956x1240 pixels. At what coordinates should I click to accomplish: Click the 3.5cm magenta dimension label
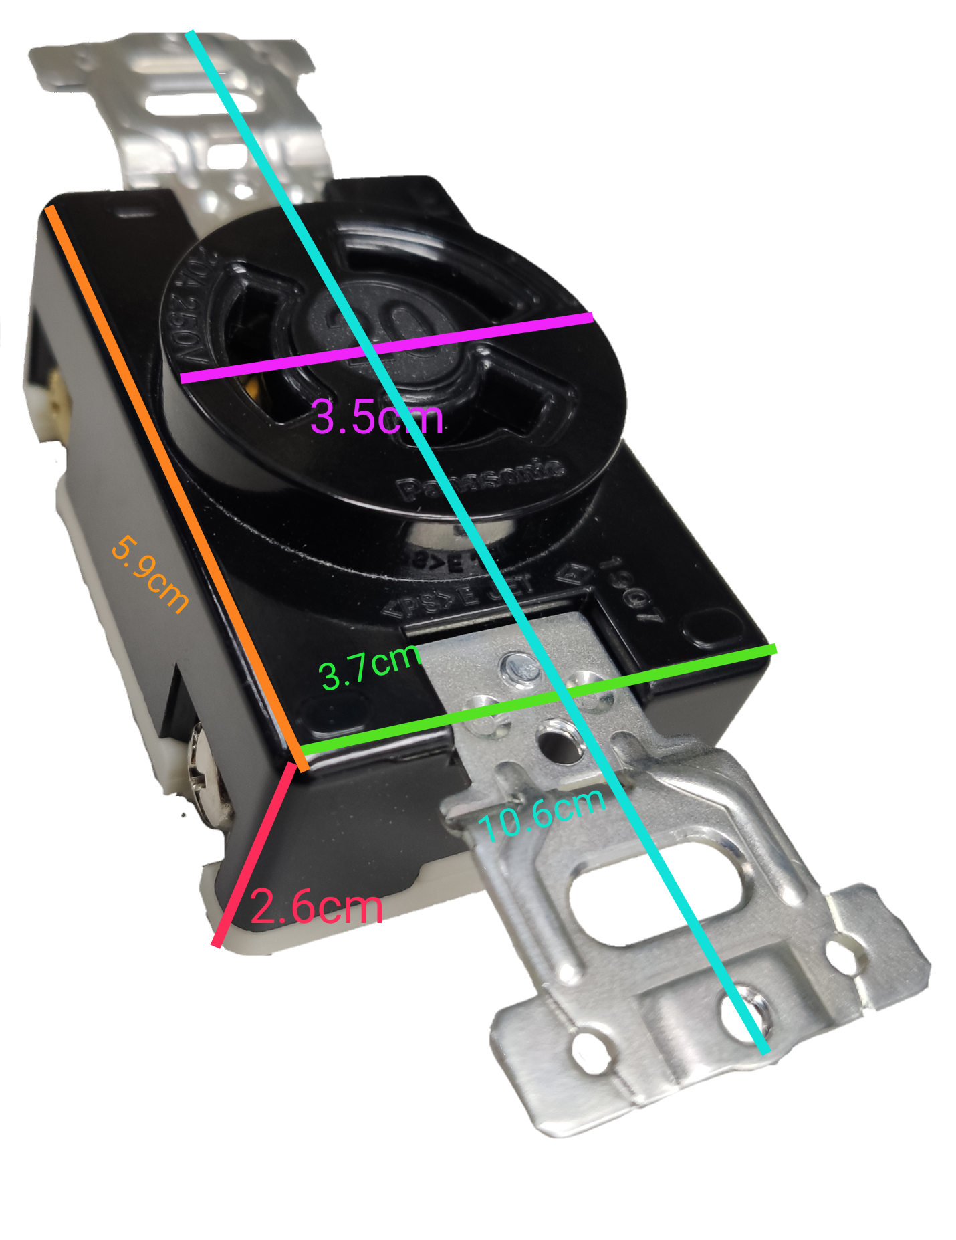point(376,417)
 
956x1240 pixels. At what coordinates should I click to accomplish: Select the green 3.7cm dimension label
point(369,667)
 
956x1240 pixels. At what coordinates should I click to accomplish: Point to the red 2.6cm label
point(316,908)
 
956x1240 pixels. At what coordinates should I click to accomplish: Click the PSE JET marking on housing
point(461,595)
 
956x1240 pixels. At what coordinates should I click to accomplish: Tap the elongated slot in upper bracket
point(201,104)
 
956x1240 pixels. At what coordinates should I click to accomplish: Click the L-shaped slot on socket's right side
point(528,401)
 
